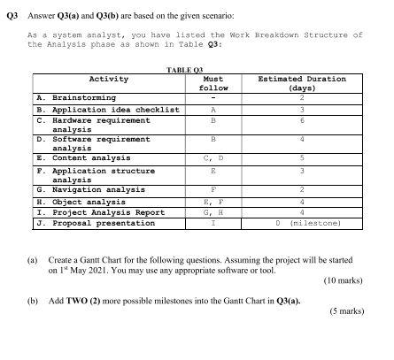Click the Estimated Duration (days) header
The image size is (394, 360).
[x=302, y=83]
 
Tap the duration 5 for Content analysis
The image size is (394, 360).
[x=301, y=157]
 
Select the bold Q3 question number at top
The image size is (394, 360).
[x=12, y=8]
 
